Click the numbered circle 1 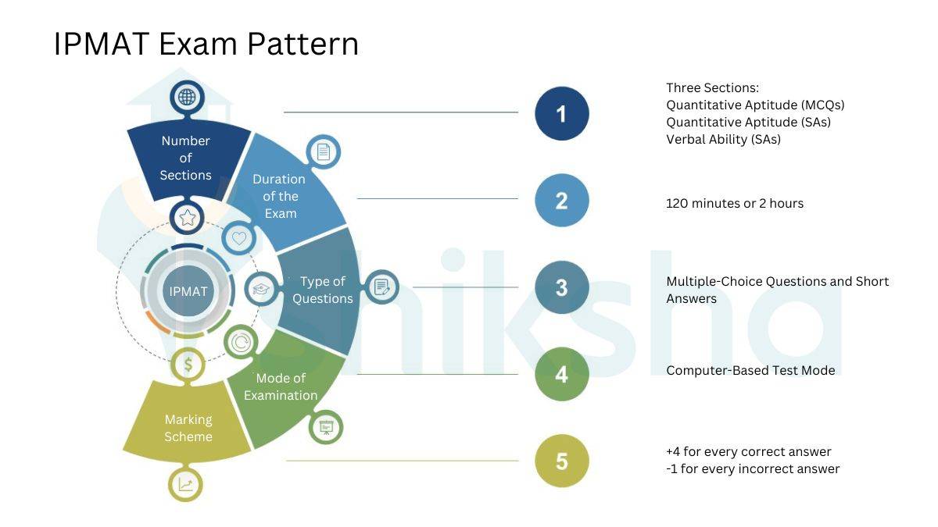(x=561, y=113)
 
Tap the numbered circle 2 (x=561, y=201)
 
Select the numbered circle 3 (x=561, y=287)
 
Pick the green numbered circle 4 (x=561, y=374)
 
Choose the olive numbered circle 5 (x=561, y=461)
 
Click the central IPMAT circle (x=188, y=291)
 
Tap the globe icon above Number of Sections (x=186, y=98)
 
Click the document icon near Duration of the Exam (x=323, y=151)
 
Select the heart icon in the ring (x=239, y=238)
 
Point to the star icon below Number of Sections (x=188, y=217)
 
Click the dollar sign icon (x=188, y=364)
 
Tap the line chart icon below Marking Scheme (x=185, y=485)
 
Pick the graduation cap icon (x=261, y=289)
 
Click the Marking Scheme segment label (x=188, y=428)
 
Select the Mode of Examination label (x=281, y=386)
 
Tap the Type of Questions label (x=322, y=290)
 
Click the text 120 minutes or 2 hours (x=734, y=203)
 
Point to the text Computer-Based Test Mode (x=750, y=370)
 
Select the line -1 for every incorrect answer (x=753, y=469)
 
